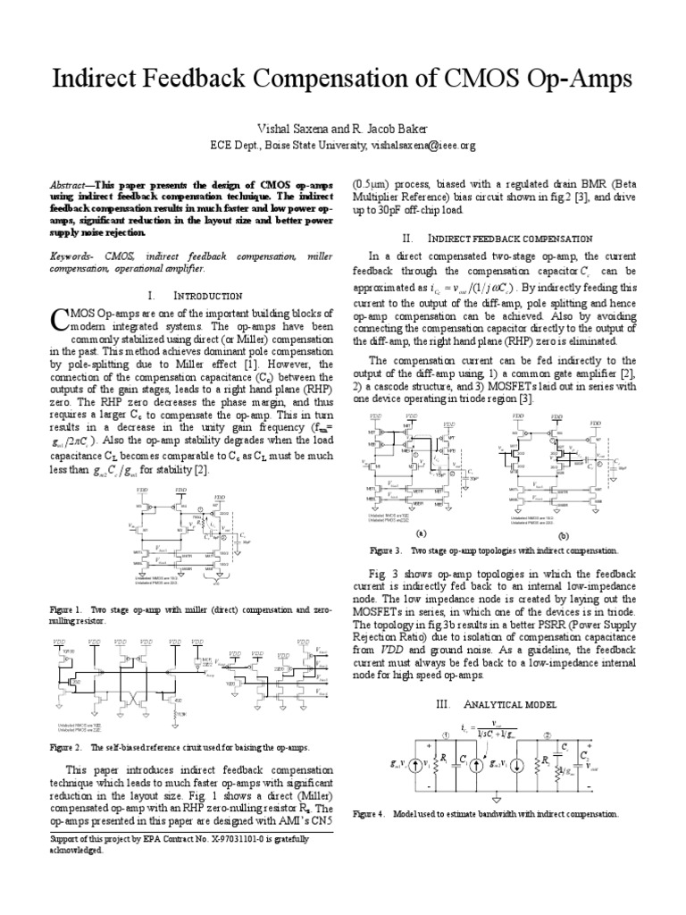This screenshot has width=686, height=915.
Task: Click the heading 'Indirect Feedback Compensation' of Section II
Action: click(x=511, y=239)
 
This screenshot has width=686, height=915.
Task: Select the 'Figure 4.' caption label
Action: click(x=370, y=815)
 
